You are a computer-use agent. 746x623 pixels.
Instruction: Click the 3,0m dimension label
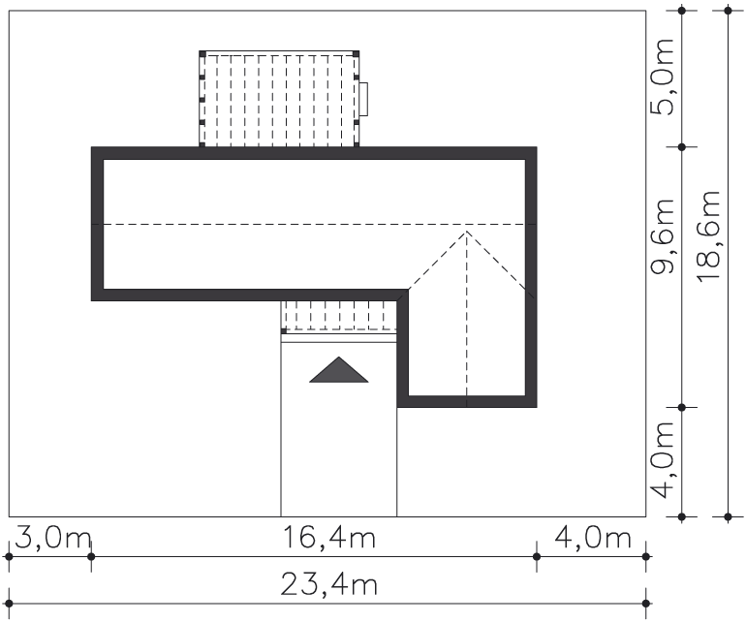pyautogui.click(x=53, y=538)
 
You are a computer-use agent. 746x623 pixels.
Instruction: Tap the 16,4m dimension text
pyautogui.click(x=329, y=538)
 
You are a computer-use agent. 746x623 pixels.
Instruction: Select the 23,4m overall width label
pyautogui.click(x=329, y=584)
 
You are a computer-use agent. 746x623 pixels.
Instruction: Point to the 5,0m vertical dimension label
pyautogui.click(x=663, y=77)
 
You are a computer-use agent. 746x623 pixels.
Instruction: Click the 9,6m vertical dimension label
pyautogui.click(x=663, y=236)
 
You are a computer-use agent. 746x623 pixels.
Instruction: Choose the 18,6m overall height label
pyautogui.click(x=709, y=236)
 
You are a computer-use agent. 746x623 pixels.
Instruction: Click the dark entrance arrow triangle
pyautogui.click(x=339, y=370)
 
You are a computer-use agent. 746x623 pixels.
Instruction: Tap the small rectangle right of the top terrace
pyautogui.click(x=363, y=99)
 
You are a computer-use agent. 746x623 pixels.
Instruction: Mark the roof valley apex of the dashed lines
pyautogui.click(x=467, y=232)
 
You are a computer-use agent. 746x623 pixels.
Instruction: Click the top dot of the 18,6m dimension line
pyautogui.click(x=728, y=10)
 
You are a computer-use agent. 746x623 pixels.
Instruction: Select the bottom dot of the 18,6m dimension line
pyautogui.click(x=728, y=516)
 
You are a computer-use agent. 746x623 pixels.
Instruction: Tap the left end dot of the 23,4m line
pyautogui.click(x=9, y=604)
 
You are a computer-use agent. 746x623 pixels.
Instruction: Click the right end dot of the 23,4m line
pyautogui.click(x=645, y=604)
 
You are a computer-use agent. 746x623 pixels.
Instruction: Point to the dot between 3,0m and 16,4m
pyautogui.click(x=91, y=556)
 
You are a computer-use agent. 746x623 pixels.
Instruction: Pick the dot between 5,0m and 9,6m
pyautogui.click(x=682, y=147)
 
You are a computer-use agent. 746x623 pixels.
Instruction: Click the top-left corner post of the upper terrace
pyautogui.click(x=202, y=53)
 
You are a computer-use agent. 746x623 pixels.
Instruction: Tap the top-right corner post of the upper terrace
pyautogui.click(x=357, y=53)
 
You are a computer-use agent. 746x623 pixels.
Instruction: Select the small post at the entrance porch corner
pyautogui.click(x=284, y=330)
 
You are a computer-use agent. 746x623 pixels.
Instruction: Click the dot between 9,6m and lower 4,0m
pyautogui.click(x=682, y=407)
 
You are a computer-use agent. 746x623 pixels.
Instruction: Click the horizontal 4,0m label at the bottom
pyautogui.click(x=593, y=538)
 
